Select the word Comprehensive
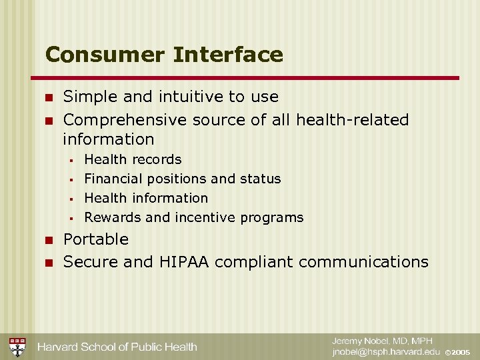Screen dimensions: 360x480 (125, 120)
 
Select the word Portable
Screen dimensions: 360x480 (95, 239)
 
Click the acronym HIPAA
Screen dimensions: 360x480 (184, 262)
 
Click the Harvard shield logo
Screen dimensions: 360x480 (17, 347)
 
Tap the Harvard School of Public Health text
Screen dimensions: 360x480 (117, 347)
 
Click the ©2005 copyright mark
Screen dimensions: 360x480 (458, 352)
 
